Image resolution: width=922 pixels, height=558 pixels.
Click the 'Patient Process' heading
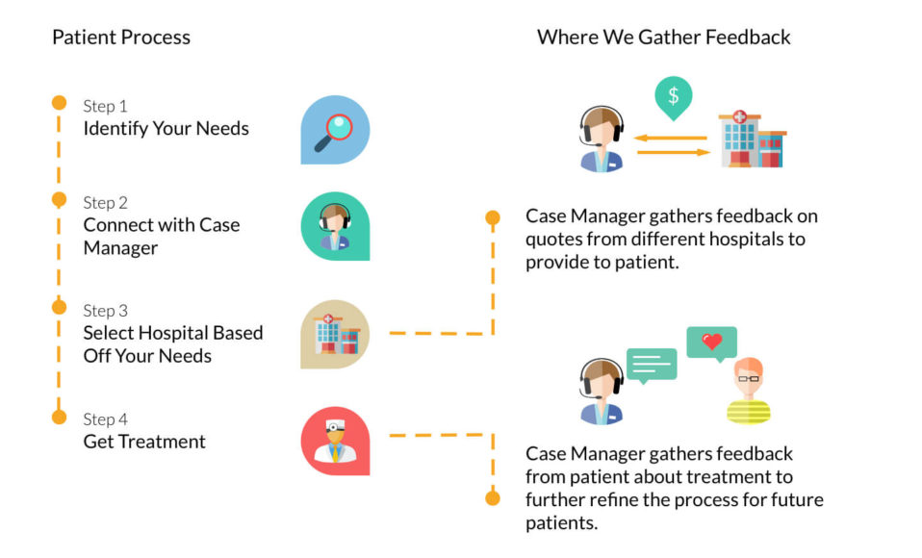[x=121, y=38]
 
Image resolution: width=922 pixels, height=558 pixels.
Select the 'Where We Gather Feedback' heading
[x=663, y=38]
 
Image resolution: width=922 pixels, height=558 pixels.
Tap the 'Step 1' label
[x=105, y=106]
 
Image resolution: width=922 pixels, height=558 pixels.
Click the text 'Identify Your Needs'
[x=166, y=128]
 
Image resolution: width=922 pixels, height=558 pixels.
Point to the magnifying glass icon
[x=334, y=129]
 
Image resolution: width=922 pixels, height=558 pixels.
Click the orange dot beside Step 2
[x=59, y=199]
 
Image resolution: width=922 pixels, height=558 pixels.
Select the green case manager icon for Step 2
[x=334, y=226]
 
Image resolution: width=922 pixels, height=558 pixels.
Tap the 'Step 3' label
[x=105, y=311]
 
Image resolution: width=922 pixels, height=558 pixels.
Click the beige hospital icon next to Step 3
[x=334, y=334]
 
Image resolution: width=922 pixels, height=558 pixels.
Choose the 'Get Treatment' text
[x=144, y=442]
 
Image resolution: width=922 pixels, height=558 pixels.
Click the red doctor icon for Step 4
[x=334, y=441]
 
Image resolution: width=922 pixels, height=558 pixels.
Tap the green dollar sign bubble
[x=673, y=97]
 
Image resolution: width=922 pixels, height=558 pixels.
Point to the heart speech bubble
[x=711, y=343]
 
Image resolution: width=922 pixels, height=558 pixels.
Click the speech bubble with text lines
[x=652, y=366]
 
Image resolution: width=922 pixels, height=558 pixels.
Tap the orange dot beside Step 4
[x=59, y=417]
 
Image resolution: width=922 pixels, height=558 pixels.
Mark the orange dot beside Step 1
[x=59, y=102]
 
